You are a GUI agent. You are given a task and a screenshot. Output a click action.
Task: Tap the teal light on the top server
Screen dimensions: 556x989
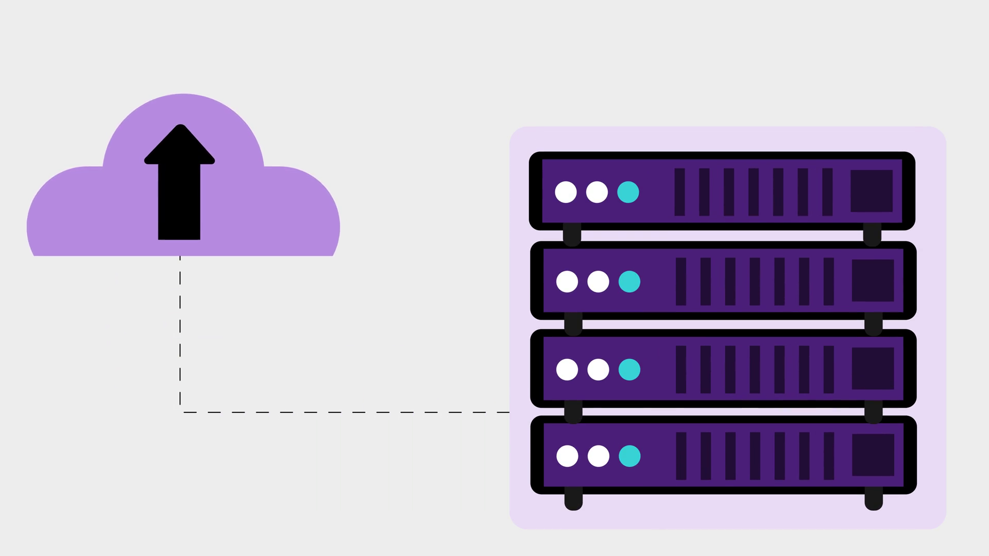628,192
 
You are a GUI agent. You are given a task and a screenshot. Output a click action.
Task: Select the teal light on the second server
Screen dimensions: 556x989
629,282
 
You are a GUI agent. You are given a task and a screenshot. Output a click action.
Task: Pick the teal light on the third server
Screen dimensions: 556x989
629,370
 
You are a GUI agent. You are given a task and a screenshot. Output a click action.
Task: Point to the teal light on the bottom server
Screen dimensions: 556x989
629,456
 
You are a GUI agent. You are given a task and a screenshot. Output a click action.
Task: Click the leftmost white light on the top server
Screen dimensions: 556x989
566,192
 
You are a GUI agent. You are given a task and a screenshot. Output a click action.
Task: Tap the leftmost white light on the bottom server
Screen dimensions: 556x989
567,456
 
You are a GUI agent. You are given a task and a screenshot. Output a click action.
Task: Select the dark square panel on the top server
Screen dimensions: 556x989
871,191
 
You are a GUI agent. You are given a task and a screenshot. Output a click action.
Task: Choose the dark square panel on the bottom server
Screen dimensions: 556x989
873,455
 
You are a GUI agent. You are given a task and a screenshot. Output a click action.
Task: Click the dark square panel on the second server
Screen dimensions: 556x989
873,281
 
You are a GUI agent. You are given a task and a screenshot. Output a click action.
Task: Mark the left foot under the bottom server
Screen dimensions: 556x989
573,499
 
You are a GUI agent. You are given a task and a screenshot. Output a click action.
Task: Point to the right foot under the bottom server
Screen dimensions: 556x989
874,499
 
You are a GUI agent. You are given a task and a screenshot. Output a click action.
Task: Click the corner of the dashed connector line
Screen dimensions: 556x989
180,412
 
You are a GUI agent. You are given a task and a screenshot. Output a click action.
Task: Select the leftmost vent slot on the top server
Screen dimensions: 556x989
679,192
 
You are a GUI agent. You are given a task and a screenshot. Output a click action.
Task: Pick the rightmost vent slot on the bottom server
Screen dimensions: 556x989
829,456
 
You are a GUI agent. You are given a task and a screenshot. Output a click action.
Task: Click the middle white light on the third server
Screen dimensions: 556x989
598,370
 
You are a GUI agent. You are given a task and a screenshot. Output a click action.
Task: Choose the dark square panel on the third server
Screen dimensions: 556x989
873,369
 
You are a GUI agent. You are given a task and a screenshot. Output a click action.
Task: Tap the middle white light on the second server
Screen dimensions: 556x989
598,282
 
